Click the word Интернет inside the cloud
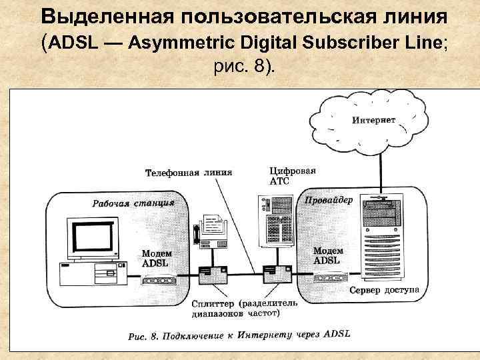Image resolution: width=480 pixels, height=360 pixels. [x=373, y=121]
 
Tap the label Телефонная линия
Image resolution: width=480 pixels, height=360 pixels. [x=189, y=173]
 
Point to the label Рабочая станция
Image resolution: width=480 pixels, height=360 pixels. [x=133, y=203]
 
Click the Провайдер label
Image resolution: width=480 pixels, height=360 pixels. [x=329, y=201]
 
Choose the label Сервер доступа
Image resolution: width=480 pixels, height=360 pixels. [x=384, y=291]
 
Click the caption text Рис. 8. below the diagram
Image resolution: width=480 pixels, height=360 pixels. [x=142, y=337]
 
